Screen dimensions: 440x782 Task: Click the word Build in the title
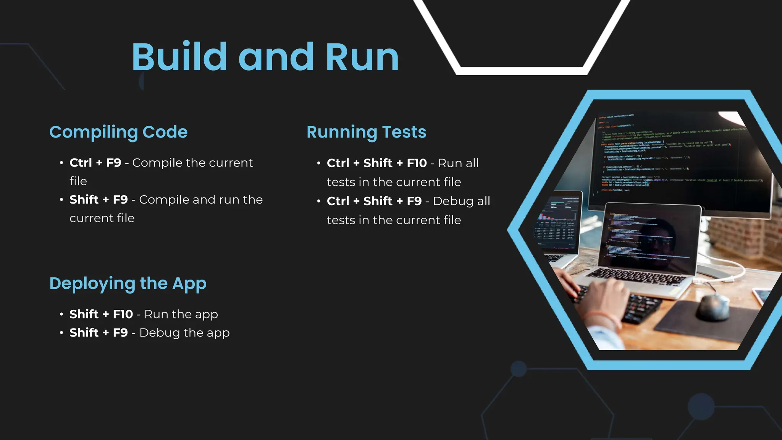point(179,57)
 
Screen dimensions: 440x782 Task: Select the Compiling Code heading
point(118,132)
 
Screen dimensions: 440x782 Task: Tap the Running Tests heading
point(366,132)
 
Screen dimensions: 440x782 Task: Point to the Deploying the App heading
point(128,284)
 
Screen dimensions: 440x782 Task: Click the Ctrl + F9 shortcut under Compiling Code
point(95,163)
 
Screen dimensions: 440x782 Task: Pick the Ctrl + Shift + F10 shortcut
point(376,163)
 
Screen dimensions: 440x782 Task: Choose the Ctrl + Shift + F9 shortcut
point(374,201)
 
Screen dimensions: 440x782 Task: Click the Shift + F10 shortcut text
point(101,314)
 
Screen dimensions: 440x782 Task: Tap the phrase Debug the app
point(184,333)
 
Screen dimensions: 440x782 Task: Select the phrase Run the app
point(181,314)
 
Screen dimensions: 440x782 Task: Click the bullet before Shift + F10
point(61,314)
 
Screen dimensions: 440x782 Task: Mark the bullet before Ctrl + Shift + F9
point(319,201)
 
